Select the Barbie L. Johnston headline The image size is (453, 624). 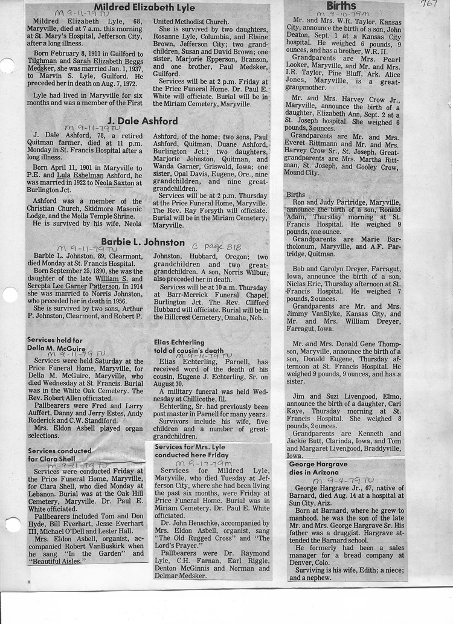(x=143, y=242)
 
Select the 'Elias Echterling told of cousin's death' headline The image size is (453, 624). (x=188, y=346)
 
